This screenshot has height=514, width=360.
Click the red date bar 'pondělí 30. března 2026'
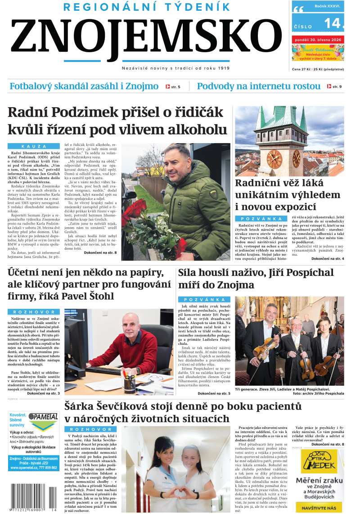318,40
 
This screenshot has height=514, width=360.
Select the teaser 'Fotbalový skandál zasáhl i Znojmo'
84,86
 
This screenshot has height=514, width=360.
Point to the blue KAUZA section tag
34,146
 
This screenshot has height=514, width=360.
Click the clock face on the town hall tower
274,158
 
